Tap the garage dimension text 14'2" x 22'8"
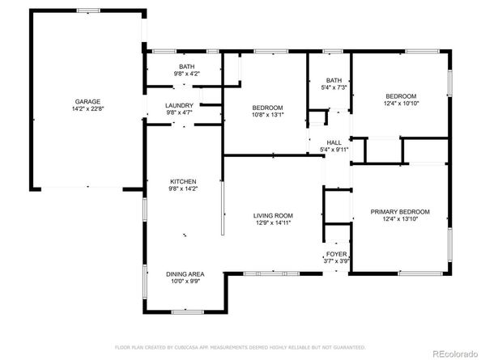click(87, 108)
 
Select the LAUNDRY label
click(179, 106)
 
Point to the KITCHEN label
click(183, 181)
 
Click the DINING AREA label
click(185, 274)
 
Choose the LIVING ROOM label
click(273, 216)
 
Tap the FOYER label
click(337, 254)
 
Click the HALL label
click(334, 142)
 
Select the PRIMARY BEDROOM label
click(400, 212)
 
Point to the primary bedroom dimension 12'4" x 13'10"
click(400, 219)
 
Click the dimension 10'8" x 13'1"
click(267, 115)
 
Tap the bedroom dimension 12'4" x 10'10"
click(401, 104)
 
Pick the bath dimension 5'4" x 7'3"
click(334, 87)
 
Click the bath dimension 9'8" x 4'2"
click(187, 74)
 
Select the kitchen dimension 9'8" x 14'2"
click(183, 188)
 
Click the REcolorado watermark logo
click(455, 354)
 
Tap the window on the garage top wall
click(88, 11)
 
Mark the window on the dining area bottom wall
click(187, 312)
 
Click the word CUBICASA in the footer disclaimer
click(185, 347)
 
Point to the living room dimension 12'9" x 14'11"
click(273, 223)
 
